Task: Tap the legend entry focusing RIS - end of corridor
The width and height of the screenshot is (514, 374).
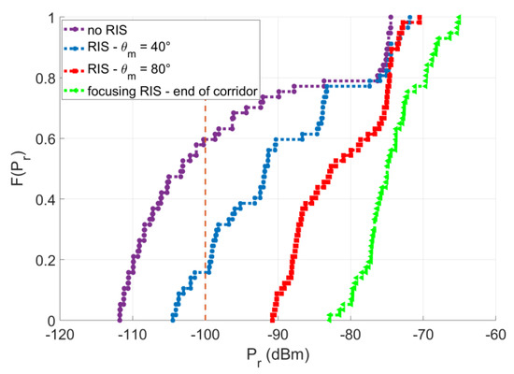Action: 177,90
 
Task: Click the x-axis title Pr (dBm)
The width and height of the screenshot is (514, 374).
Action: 277,358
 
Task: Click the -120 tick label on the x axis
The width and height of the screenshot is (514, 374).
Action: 58,335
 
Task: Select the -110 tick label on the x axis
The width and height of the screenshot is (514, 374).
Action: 131,335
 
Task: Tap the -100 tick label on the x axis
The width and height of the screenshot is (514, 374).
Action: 204,335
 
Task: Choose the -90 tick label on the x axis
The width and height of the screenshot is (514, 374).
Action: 278,335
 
